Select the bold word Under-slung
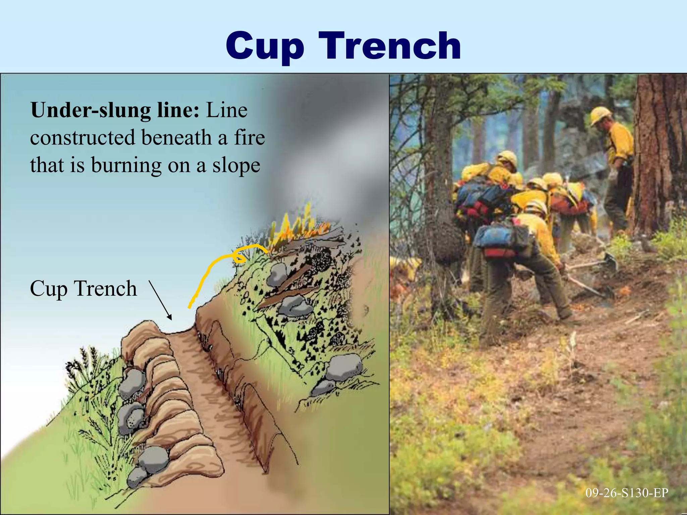(90, 110)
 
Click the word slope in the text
(236, 165)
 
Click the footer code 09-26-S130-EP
(627, 493)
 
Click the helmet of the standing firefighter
(600, 114)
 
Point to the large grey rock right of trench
(344, 367)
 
